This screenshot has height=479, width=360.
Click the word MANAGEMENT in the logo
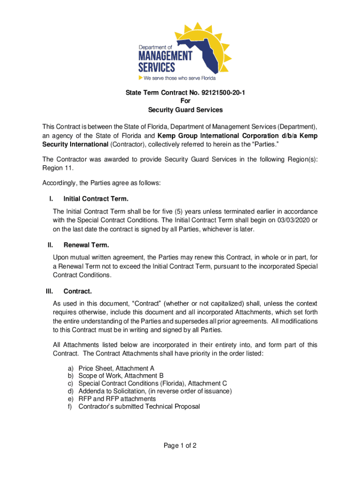coord(165,56)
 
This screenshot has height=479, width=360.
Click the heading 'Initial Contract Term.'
coord(96,199)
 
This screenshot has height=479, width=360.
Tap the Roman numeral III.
coord(49,291)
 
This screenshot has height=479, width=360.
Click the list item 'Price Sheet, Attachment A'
coord(116,368)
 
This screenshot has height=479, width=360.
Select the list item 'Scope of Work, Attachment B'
coord(121,376)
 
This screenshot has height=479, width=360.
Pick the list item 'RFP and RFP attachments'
coord(117,399)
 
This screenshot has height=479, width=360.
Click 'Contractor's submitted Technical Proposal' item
coord(139,406)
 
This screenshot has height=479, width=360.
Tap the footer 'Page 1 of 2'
coord(180,445)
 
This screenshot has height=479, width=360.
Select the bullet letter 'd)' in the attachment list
coord(71,391)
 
